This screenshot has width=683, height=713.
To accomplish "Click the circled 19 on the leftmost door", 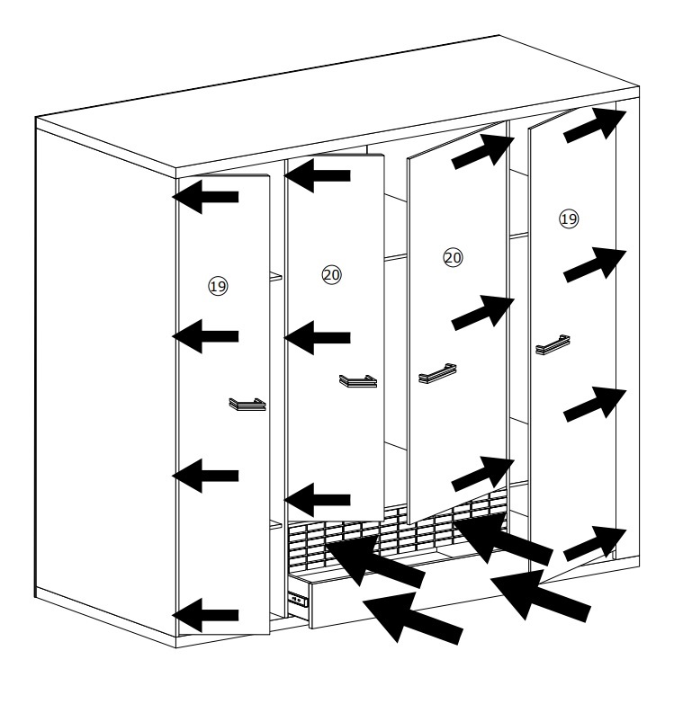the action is pos(218,287).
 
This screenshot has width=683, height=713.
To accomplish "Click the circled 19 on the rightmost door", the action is pos(569,219).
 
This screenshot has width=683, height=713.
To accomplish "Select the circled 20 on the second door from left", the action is pos(331,274).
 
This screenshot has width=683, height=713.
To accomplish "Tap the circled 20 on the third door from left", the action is pos(453,258).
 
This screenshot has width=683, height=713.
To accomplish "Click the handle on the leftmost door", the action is pos(247,405).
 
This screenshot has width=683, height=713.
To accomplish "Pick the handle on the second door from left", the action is pos(358,381).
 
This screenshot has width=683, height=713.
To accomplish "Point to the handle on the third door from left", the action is pos(437,373).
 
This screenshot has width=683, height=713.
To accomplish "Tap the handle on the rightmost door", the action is pos(553,344).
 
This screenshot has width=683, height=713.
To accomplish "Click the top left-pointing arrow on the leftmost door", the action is pos(205,197).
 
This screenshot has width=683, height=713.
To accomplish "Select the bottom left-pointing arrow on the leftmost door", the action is pos(205,615).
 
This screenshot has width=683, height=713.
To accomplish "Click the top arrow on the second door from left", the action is pos(317,175).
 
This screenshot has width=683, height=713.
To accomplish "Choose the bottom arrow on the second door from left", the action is pos(317,500).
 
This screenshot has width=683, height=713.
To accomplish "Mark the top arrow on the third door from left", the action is pos(483,150).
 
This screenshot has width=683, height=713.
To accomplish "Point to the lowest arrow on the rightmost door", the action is pos(595,542).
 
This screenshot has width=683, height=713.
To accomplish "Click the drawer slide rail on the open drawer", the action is pos(298,601).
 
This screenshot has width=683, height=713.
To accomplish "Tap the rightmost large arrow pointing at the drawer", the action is pos(541,597).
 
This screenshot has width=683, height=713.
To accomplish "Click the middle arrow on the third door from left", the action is pos(483,312).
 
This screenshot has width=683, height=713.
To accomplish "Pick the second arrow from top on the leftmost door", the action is pos(205,336).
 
